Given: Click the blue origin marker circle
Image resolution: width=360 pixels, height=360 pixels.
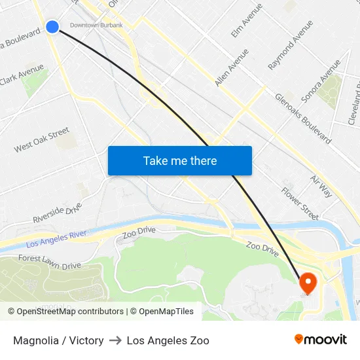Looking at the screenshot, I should click(52, 26).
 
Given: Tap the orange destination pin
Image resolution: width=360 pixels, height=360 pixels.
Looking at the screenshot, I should click(308, 283).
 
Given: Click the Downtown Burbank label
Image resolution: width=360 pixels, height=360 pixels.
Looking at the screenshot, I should click(96, 25).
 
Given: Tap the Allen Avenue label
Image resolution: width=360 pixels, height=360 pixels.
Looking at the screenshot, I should click(232, 67).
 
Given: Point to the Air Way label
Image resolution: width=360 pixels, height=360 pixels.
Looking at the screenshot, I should click(321, 187).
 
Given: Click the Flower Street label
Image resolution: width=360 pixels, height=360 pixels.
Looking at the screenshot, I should click(300, 203).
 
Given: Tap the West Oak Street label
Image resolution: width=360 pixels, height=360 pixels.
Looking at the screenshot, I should click(42, 140).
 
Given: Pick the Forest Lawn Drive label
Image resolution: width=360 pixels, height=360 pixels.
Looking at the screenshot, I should click(50, 262).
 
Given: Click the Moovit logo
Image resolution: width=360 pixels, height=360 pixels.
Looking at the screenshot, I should click(321, 340).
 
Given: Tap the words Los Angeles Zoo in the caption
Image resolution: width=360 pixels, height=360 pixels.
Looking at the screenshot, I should click(168, 340).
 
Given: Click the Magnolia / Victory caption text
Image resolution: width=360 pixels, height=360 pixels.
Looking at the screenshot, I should click(58, 340).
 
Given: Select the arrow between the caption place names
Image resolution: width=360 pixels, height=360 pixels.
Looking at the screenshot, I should click(115, 340).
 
